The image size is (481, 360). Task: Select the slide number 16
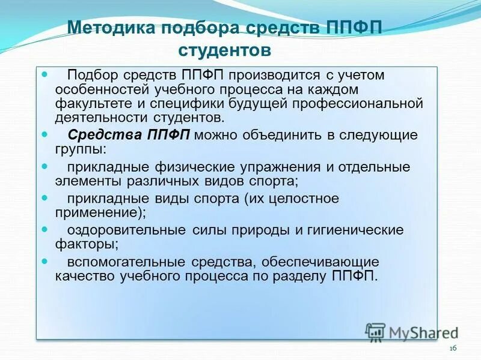point(453,349)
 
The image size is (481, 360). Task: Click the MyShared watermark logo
point(412,331)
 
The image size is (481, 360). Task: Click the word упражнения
point(270,167)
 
